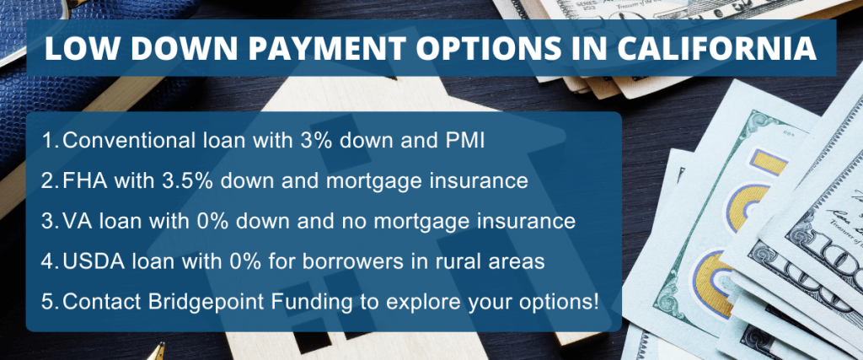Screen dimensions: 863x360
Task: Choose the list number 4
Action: (x=47, y=261)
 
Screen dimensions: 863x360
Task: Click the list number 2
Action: (x=47, y=180)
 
